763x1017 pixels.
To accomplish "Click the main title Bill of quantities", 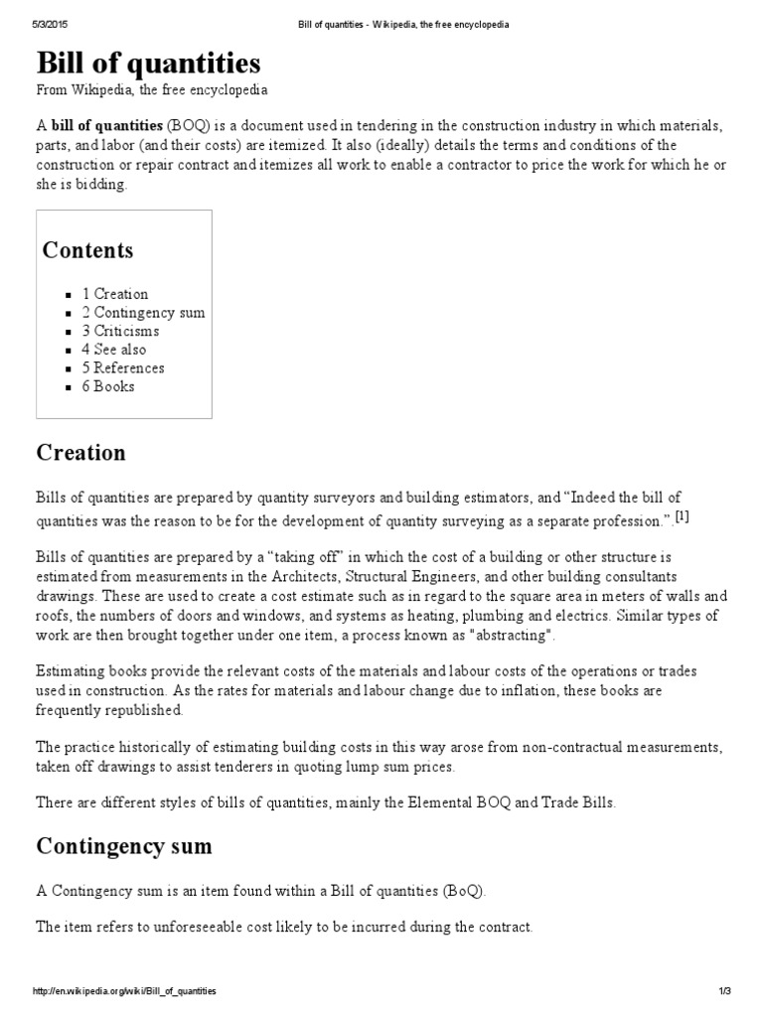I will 148,64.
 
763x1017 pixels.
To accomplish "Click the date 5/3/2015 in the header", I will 51,25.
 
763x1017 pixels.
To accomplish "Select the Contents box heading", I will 87,249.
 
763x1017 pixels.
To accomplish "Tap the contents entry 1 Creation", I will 115,294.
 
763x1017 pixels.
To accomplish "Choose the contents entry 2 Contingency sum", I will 143,313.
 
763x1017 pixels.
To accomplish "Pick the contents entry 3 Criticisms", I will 120,331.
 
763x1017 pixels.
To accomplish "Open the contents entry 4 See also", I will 114,350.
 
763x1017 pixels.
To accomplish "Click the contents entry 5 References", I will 123,367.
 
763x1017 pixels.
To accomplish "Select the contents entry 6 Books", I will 108,386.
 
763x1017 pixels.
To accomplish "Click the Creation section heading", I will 81,453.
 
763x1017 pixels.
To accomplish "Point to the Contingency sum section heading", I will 123,846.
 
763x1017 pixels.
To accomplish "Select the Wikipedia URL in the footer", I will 124,991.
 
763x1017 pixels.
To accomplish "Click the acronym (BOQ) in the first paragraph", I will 186,127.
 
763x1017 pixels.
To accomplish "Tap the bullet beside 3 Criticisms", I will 69,332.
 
